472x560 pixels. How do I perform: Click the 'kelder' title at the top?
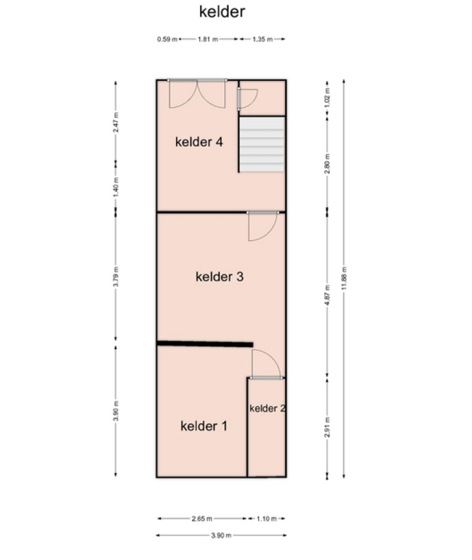[222, 12]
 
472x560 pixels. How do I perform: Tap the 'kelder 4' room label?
[199, 142]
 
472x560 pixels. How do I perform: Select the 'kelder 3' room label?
[219, 277]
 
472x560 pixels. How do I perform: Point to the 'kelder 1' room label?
[204, 426]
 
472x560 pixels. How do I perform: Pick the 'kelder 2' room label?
[267, 408]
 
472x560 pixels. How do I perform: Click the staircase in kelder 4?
[261, 144]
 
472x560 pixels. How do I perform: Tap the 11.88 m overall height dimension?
[344, 278]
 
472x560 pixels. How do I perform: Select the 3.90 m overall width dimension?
[221, 535]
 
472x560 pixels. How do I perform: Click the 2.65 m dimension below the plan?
[202, 518]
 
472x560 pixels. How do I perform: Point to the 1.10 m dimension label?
[267, 518]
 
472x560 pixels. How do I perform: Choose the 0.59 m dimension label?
[167, 39]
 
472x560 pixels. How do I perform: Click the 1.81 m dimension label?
[208, 39]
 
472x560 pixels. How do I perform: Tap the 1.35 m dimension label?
[262, 39]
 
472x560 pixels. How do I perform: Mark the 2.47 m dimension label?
[116, 122]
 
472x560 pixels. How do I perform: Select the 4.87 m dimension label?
[327, 295]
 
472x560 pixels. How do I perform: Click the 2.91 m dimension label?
[327, 427]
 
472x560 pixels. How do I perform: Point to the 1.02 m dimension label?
[327, 98]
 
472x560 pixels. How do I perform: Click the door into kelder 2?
[266, 364]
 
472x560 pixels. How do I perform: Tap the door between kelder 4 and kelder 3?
[262, 226]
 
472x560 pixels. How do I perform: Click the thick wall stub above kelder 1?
[205, 344]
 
